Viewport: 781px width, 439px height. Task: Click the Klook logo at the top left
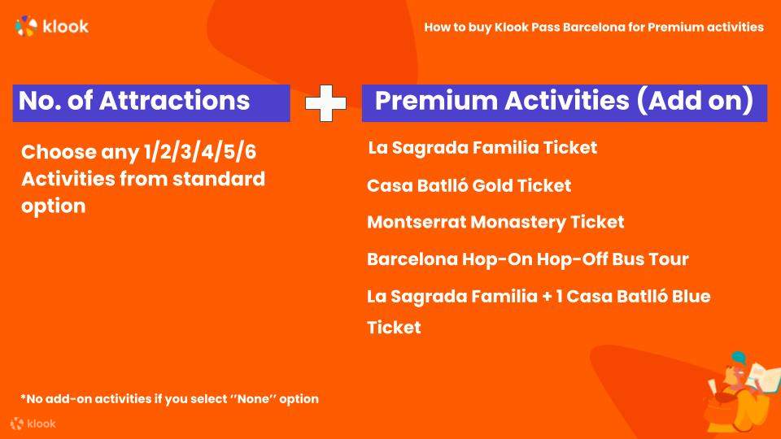tap(52, 26)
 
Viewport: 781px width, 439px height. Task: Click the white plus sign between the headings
tap(325, 103)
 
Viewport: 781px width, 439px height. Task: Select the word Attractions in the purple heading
tap(174, 100)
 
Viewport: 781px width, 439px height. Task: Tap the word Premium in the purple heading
tap(436, 101)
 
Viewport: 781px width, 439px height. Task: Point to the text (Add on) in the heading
tap(695, 100)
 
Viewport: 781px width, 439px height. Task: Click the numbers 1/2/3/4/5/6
tap(200, 152)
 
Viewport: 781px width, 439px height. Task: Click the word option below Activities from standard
tap(54, 206)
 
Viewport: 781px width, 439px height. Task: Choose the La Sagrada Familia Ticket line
tap(482, 147)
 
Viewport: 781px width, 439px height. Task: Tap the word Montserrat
tap(417, 222)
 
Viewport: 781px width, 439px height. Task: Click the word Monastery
tap(518, 223)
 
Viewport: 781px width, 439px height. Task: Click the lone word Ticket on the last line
tap(394, 328)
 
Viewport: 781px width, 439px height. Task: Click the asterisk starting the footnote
tap(23, 397)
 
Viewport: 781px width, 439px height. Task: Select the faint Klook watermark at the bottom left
tap(33, 424)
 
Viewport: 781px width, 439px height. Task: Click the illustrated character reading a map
tap(740, 393)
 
